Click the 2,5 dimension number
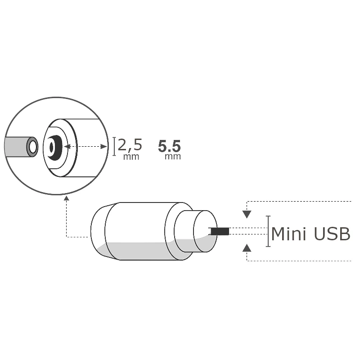(130, 145)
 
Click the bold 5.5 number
(170, 146)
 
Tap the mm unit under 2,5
(131, 157)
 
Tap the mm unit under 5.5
(172, 157)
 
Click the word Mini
(288, 234)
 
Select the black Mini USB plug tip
(220, 231)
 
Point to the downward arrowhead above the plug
(247, 214)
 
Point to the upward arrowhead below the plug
(247, 247)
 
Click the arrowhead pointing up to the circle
(67, 198)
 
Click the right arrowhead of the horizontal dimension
(105, 146)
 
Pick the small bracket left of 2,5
(114, 146)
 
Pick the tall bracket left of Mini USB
(268, 231)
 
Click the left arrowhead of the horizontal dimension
(66, 146)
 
